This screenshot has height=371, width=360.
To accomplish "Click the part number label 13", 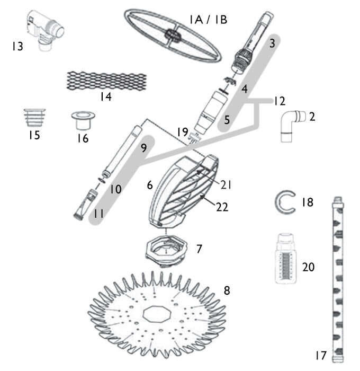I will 17,47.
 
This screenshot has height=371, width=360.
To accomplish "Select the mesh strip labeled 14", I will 106,80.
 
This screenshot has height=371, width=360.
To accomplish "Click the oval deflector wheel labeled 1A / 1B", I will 173,36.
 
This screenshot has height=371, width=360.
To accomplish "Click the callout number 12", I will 279,101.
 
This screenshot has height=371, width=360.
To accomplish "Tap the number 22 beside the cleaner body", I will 222,207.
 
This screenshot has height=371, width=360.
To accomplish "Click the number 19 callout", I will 183,131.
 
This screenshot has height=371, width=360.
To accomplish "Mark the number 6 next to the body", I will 149,185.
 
